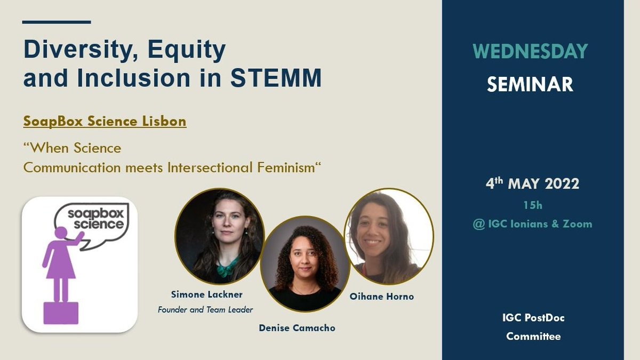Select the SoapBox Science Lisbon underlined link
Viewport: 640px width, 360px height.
[105, 121]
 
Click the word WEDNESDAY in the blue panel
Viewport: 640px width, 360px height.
[530, 51]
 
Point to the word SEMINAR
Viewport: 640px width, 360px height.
[530, 84]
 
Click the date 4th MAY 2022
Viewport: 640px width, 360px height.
[532, 184]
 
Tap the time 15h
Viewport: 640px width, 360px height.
[532, 205]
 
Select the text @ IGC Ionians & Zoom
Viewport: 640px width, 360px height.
[532, 223]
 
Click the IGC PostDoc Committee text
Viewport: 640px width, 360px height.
[533, 327]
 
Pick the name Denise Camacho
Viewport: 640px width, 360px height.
[297, 328]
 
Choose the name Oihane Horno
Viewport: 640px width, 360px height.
[382, 297]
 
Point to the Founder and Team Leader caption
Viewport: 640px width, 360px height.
[205, 309]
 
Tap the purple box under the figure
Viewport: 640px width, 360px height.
[60, 313]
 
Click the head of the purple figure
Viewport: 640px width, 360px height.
[61, 234]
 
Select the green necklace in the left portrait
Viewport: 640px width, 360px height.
[226, 267]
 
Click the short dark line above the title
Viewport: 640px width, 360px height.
[57, 22]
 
